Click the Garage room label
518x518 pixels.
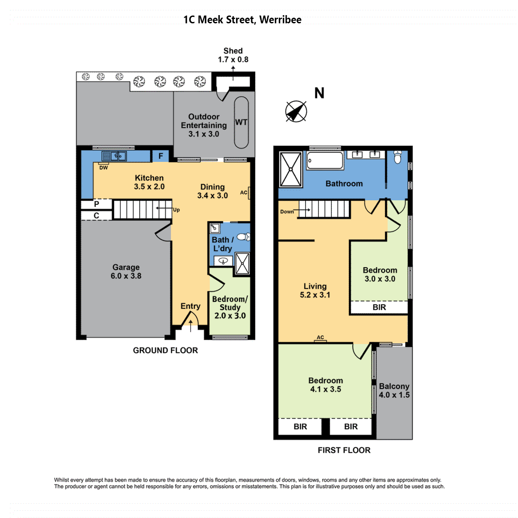point(126,271)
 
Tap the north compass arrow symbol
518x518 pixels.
point(296,111)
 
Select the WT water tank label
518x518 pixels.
point(241,122)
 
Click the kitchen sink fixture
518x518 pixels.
point(114,156)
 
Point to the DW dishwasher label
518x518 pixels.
point(104,168)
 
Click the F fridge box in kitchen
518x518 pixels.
point(161,156)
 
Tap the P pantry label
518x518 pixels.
point(97,204)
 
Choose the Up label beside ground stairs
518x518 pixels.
point(177,210)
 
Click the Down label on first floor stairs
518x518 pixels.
point(287,212)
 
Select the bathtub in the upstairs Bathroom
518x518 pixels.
point(325,161)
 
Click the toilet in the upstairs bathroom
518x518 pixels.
point(397,157)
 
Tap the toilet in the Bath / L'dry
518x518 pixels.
point(244,237)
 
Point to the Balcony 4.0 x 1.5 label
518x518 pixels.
point(394,391)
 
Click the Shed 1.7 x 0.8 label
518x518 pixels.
point(233,55)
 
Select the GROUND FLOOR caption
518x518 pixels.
point(165,350)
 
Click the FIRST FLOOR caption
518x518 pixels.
point(344,450)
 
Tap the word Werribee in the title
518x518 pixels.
point(281,19)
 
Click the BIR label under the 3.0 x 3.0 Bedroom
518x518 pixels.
point(379,307)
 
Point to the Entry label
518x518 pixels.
point(190,306)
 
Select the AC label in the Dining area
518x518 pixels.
point(243,193)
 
